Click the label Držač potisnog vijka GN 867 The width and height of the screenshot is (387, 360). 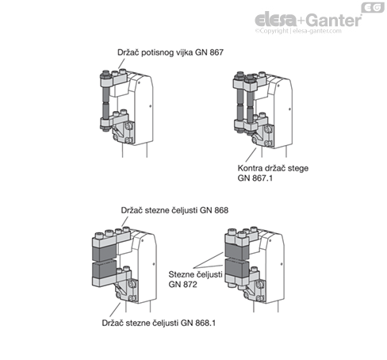[171, 52]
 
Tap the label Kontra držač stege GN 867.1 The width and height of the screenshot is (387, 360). [273, 173]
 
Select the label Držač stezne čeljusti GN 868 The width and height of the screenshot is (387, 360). [174, 210]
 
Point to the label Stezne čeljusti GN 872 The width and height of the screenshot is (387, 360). [195, 279]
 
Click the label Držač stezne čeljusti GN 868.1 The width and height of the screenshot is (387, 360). [159, 323]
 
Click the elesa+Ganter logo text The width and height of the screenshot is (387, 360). [308, 20]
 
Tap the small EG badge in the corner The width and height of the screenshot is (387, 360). [373, 8]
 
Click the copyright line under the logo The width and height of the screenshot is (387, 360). [298, 31]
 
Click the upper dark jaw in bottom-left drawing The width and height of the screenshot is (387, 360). [104, 252]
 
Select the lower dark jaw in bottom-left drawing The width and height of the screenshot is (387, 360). [104, 270]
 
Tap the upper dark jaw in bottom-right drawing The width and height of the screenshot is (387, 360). [236, 251]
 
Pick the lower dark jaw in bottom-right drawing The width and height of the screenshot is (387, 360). [236, 267]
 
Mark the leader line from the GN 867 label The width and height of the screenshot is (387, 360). [121, 63]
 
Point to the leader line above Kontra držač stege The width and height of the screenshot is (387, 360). [251, 155]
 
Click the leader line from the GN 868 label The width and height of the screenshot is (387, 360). [125, 221]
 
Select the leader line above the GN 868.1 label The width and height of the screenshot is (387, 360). [115, 310]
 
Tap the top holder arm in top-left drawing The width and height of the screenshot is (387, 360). [113, 80]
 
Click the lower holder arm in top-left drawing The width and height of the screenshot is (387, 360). [114, 121]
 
